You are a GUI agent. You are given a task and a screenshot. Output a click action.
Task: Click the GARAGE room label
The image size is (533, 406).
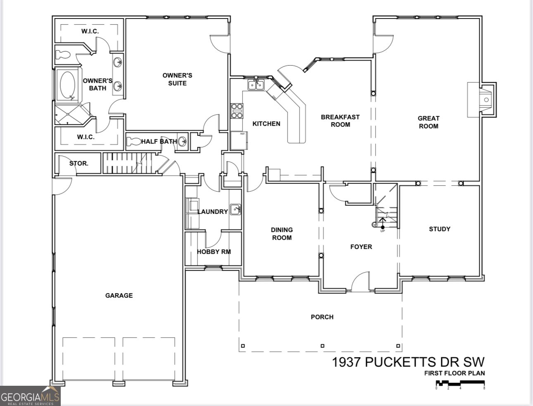point(119,295)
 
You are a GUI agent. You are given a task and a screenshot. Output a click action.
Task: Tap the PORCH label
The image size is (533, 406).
point(322,317)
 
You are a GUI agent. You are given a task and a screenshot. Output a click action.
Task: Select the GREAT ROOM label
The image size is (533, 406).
point(428,122)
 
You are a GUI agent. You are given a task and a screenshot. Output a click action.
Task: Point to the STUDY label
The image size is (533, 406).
point(439,229)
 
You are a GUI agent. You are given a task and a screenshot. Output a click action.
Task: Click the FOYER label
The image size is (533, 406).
point(361,247)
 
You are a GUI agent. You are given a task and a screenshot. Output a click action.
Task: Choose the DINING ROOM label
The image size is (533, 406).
point(282,233)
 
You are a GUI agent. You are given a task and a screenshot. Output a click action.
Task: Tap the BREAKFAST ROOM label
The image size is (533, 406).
point(340,121)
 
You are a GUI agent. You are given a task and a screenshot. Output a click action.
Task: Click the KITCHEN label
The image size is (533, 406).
point(266,123)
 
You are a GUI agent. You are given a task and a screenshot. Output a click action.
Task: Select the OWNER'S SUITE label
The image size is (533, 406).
point(177,79)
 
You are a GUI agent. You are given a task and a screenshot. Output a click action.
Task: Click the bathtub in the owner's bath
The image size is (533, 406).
point(68,85)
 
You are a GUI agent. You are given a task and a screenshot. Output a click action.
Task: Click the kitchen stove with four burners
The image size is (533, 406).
point(237,111)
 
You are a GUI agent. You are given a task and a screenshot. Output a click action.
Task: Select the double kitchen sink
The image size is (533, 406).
point(256,85)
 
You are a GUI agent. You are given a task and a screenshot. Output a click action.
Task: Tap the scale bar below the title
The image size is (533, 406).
point(460,385)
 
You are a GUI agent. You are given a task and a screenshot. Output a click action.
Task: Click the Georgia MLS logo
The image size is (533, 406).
point(30,395)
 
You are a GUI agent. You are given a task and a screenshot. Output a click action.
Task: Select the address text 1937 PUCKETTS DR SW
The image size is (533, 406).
point(408,362)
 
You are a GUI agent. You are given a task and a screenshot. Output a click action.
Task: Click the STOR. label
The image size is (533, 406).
point(79,163)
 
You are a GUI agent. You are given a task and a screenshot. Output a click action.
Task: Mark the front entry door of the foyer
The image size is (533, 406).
point(360,282)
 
